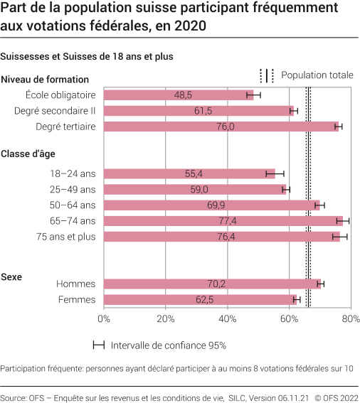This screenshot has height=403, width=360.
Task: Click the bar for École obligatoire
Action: pos(178,95)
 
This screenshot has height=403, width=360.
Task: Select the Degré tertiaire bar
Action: pos(221,127)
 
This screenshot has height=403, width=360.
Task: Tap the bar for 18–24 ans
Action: pos(189,173)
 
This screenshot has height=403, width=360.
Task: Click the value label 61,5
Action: pos(203,111)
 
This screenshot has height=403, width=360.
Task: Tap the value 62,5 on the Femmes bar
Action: pos(206,300)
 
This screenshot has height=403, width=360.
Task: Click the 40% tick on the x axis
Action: pos(227,319)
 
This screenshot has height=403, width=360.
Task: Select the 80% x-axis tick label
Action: pos(350,319)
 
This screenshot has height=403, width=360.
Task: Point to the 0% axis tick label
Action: pos(104,319)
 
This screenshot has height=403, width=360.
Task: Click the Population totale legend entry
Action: pos(317,75)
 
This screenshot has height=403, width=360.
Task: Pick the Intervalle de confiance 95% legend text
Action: pos(168,345)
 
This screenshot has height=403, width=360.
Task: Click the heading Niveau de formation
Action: pos(45,80)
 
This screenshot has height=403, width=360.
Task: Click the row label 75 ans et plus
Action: pos(65,237)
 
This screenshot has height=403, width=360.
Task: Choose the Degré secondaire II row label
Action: pos(55,111)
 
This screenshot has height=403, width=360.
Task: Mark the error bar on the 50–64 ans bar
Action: pos(319,205)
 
